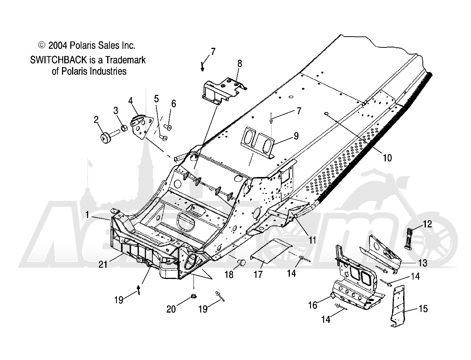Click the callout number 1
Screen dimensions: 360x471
[87, 215]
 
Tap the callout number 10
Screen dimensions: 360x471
[387, 158]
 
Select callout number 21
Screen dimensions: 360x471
[103, 264]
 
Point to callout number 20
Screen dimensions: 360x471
[171, 309]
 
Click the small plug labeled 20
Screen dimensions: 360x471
[193, 297]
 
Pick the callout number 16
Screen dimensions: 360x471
[313, 305]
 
